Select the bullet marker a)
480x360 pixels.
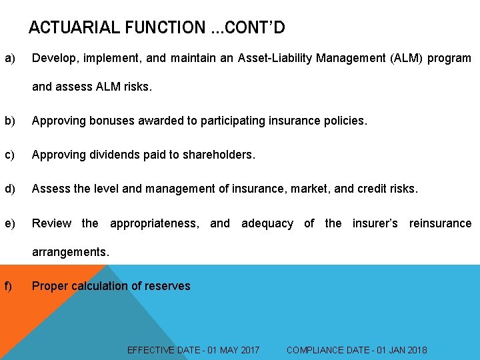(10, 59)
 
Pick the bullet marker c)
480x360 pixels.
(10, 155)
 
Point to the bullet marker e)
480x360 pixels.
(10, 223)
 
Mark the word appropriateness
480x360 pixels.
(154, 223)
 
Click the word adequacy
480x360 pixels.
(267, 223)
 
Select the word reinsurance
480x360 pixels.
(440, 223)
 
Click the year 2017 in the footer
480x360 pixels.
(247, 350)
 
